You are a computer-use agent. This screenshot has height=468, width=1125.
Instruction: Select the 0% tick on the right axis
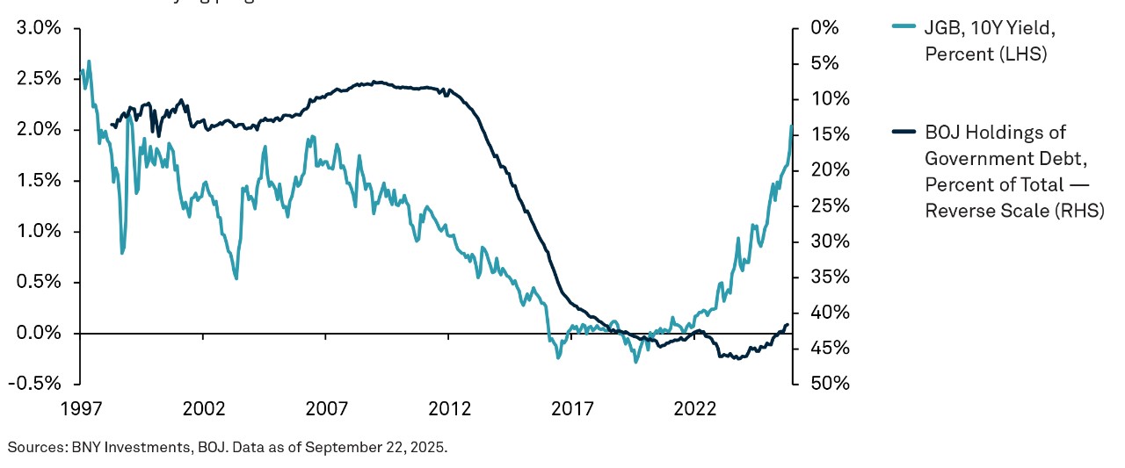pos(824,28)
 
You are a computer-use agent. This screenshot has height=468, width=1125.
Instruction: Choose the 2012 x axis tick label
pos(449,408)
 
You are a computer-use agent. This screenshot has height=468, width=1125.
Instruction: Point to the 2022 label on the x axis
pos(695,408)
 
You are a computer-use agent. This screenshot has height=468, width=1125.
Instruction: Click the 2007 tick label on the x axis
pos(326,408)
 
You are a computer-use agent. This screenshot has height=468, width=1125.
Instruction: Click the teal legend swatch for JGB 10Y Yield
pos(904,27)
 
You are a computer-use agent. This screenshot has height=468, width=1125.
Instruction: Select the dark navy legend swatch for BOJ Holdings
pos(904,133)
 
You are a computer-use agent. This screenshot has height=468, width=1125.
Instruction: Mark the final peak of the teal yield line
pos(791,126)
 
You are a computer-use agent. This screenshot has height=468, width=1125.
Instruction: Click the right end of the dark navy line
pos(787,325)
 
